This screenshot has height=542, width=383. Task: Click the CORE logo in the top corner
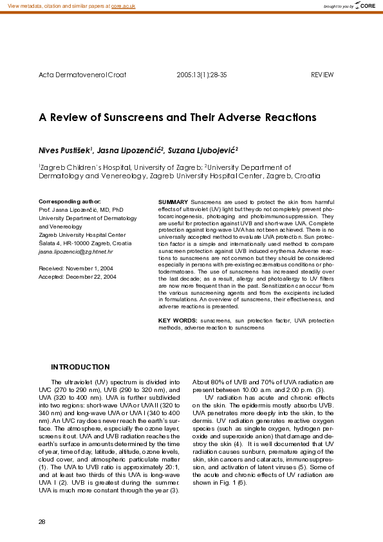click(x=366, y=6)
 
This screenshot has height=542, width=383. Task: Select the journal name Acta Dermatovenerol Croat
click(x=82, y=75)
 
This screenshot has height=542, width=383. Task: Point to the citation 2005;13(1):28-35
click(x=201, y=75)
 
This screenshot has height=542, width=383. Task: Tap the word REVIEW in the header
click(x=322, y=75)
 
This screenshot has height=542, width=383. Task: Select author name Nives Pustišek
click(x=65, y=149)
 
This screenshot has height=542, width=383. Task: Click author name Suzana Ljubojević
click(x=202, y=149)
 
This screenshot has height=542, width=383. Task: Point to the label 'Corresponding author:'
click(x=70, y=201)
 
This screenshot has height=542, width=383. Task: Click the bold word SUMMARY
click(x=173, y=202)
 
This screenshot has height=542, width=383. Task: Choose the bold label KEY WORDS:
click(x=178, y=320)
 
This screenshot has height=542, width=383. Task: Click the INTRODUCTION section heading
click(x=80, y=367)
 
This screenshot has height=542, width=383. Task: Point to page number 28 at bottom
click(x=42, y=521)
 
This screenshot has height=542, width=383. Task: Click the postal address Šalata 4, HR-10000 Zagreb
click(x=85, y=243)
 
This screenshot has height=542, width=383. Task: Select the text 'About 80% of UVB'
click(x=219, y=382)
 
